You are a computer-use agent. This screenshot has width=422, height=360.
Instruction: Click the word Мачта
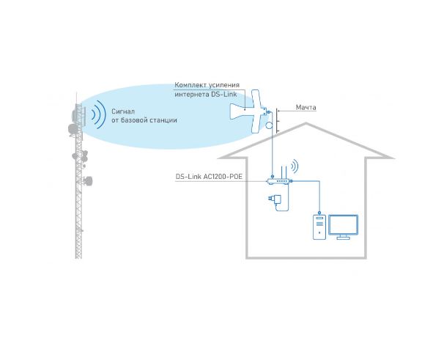[306, 107]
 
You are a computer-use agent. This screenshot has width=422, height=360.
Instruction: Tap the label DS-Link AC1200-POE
[209, 177]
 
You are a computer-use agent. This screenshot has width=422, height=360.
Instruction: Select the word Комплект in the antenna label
[190, 85]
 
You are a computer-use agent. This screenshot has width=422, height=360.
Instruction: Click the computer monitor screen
[343, 225]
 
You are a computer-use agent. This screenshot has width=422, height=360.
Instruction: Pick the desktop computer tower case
[319, 227]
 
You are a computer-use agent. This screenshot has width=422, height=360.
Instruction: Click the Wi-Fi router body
[278, 181]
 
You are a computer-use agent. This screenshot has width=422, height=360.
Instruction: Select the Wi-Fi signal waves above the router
[295, 166]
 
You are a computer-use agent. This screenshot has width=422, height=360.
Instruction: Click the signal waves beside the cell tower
[97, 114]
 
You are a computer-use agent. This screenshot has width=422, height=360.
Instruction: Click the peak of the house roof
[306, 123]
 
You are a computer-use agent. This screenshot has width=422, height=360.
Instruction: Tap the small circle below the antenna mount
[270, 125]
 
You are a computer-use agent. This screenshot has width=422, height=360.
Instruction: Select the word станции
[163, 120]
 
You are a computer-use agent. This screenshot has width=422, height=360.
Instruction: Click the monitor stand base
[343, 238]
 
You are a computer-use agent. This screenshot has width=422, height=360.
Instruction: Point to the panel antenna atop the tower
[79, 114]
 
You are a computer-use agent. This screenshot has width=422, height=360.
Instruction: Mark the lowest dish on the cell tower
[88, 180]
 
